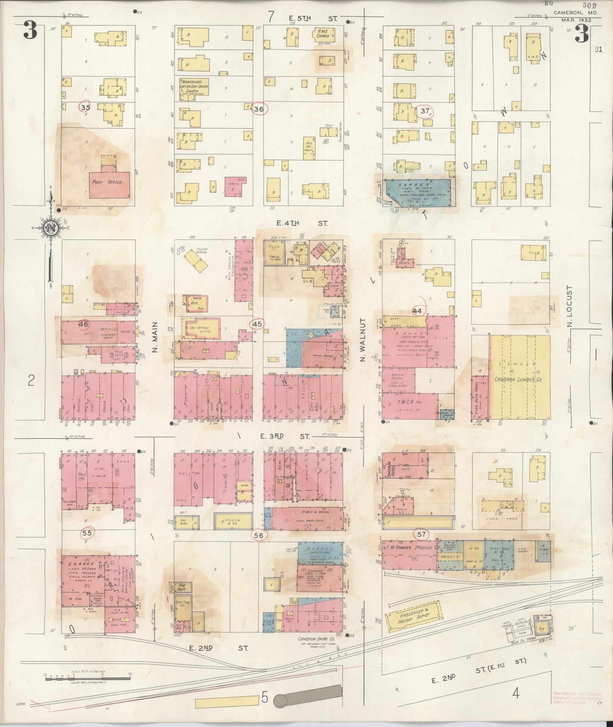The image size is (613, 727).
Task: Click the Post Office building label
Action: [107, 182]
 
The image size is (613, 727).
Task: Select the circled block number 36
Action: [259, 109]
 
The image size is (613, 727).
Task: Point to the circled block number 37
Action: [425, 111]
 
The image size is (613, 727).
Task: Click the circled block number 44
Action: [417, 311]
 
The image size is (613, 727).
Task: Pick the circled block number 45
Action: [257, 324]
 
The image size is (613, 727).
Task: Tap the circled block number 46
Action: [84, 325]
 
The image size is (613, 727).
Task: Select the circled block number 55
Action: [87, 533]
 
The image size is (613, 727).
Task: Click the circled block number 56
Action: [258, 535]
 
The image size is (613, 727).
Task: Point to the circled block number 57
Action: [421, 534]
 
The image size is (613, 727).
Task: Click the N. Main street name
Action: [154, 337]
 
